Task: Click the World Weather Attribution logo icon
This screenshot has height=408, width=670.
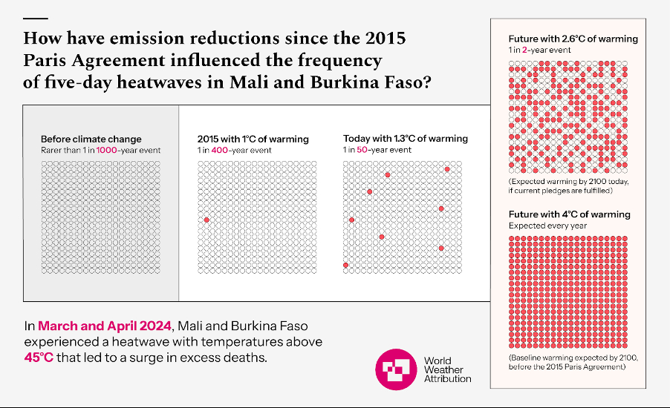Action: pos(397,369)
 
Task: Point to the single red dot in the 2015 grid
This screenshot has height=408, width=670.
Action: pos(206,220)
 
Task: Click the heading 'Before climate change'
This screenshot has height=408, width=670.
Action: pos(91,139)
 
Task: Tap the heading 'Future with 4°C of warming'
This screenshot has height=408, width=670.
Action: pos(569,214)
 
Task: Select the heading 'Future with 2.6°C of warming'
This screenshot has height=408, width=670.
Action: pos(573,39)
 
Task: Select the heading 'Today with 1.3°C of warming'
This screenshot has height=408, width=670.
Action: pos(406,139)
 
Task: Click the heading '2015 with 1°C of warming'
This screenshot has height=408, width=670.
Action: pos(253,139)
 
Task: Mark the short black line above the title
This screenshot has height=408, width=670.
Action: pos(36,18)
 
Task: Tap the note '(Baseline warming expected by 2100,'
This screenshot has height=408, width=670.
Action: pos(573,358)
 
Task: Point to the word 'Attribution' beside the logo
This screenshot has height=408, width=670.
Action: pos(447,378)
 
